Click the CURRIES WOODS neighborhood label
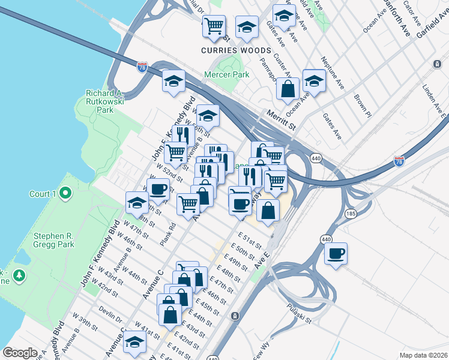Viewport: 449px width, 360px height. coord(236,50)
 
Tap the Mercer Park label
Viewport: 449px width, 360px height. coord(226,75)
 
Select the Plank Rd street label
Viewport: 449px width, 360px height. coord(168,235)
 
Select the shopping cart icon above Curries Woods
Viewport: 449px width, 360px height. coord(214,26)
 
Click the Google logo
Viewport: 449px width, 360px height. coord(20,352)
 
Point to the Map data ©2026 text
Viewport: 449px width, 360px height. coord(423,355)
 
